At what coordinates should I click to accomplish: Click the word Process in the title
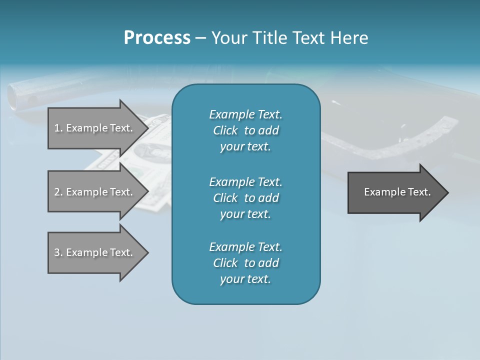pos(157,37)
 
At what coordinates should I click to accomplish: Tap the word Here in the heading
pos(349,37)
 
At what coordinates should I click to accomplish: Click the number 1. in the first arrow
pos(58,128)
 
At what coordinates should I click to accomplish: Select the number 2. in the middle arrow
pos(58,192)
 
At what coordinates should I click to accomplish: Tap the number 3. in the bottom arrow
pos(58,252)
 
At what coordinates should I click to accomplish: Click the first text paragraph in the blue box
pos(245,130)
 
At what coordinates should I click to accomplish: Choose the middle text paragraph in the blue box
pos(245,197)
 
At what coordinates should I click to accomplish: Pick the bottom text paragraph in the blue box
pos(245,263)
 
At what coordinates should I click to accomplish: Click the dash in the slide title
pos(201,38)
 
